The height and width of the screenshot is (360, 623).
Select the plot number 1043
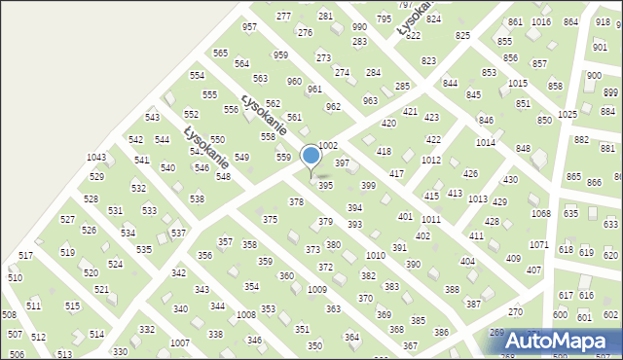pos(95,158)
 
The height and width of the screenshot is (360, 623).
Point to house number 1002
pos(327,145)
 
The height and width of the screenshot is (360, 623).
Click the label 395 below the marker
pos(326,185)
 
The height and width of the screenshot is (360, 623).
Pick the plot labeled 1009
pos(316,290)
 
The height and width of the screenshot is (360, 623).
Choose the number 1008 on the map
pos(245,315)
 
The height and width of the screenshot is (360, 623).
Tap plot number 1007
pos(179,343)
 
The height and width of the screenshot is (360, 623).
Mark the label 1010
pos(375,255)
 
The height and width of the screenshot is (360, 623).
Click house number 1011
pos(430,221)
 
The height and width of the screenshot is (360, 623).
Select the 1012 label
pos(430,160)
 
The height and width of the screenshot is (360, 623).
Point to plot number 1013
pos(477,198)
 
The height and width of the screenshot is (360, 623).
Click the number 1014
pos(485,143)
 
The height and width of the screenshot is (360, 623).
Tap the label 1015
pos(518,84)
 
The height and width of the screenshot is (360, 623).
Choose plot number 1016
pos(542,22)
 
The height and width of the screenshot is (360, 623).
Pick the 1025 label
pos(568,115)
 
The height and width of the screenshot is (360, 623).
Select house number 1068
pos(540,214)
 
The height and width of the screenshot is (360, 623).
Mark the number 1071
pos(538,244)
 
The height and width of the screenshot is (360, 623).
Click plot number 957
pos(250,27)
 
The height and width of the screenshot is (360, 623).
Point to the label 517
pos(26,255)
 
